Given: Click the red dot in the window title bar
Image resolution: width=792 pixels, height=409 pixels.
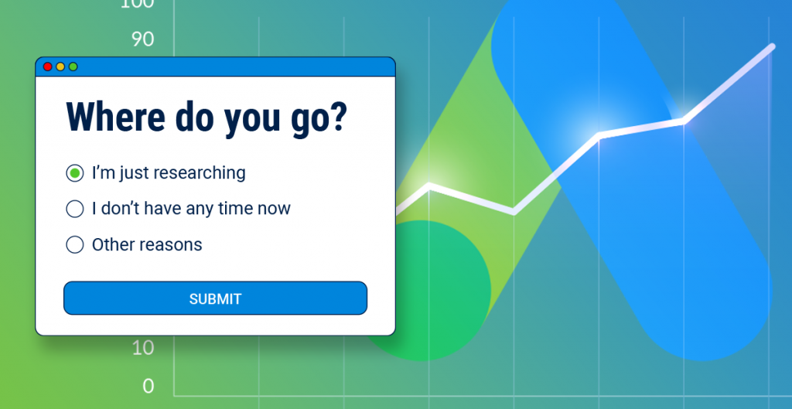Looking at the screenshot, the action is [48, 66].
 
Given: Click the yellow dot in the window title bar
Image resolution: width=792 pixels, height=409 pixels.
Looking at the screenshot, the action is [60, 66].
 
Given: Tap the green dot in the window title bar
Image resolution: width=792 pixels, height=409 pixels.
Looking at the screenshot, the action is [73, 66].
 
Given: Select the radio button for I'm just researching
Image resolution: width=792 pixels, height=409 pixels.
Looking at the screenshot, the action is [75, 173].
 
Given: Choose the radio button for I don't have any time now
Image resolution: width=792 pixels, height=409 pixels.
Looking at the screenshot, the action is [75, 209].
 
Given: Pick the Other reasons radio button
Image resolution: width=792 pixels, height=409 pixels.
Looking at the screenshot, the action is [75, 244].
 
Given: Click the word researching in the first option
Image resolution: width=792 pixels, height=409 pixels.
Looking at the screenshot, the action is [199, 173].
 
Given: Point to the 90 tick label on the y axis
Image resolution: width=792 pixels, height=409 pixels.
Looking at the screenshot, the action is [143, 39].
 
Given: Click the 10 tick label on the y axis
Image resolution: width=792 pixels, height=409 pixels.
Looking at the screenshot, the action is [143, 347].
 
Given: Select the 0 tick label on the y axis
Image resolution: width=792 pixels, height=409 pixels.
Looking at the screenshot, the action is [148, 387].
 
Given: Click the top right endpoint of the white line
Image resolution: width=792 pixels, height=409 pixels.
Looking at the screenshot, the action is [772, 46].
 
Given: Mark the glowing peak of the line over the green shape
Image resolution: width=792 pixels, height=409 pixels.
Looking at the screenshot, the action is [429, 186].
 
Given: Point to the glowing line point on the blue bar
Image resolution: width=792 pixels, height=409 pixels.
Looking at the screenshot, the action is [599, 135].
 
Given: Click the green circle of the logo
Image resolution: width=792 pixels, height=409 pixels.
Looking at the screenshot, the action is [422, 291].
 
